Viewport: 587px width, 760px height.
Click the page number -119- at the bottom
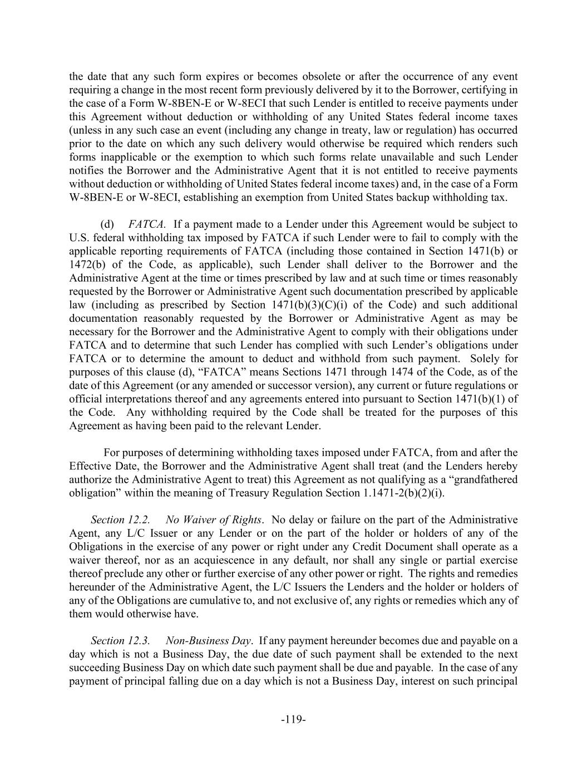point(293,719)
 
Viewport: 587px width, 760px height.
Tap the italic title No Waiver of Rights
point(214,519)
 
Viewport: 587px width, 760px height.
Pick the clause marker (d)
point(107,224)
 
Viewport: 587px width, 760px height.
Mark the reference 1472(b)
point(87,264)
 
